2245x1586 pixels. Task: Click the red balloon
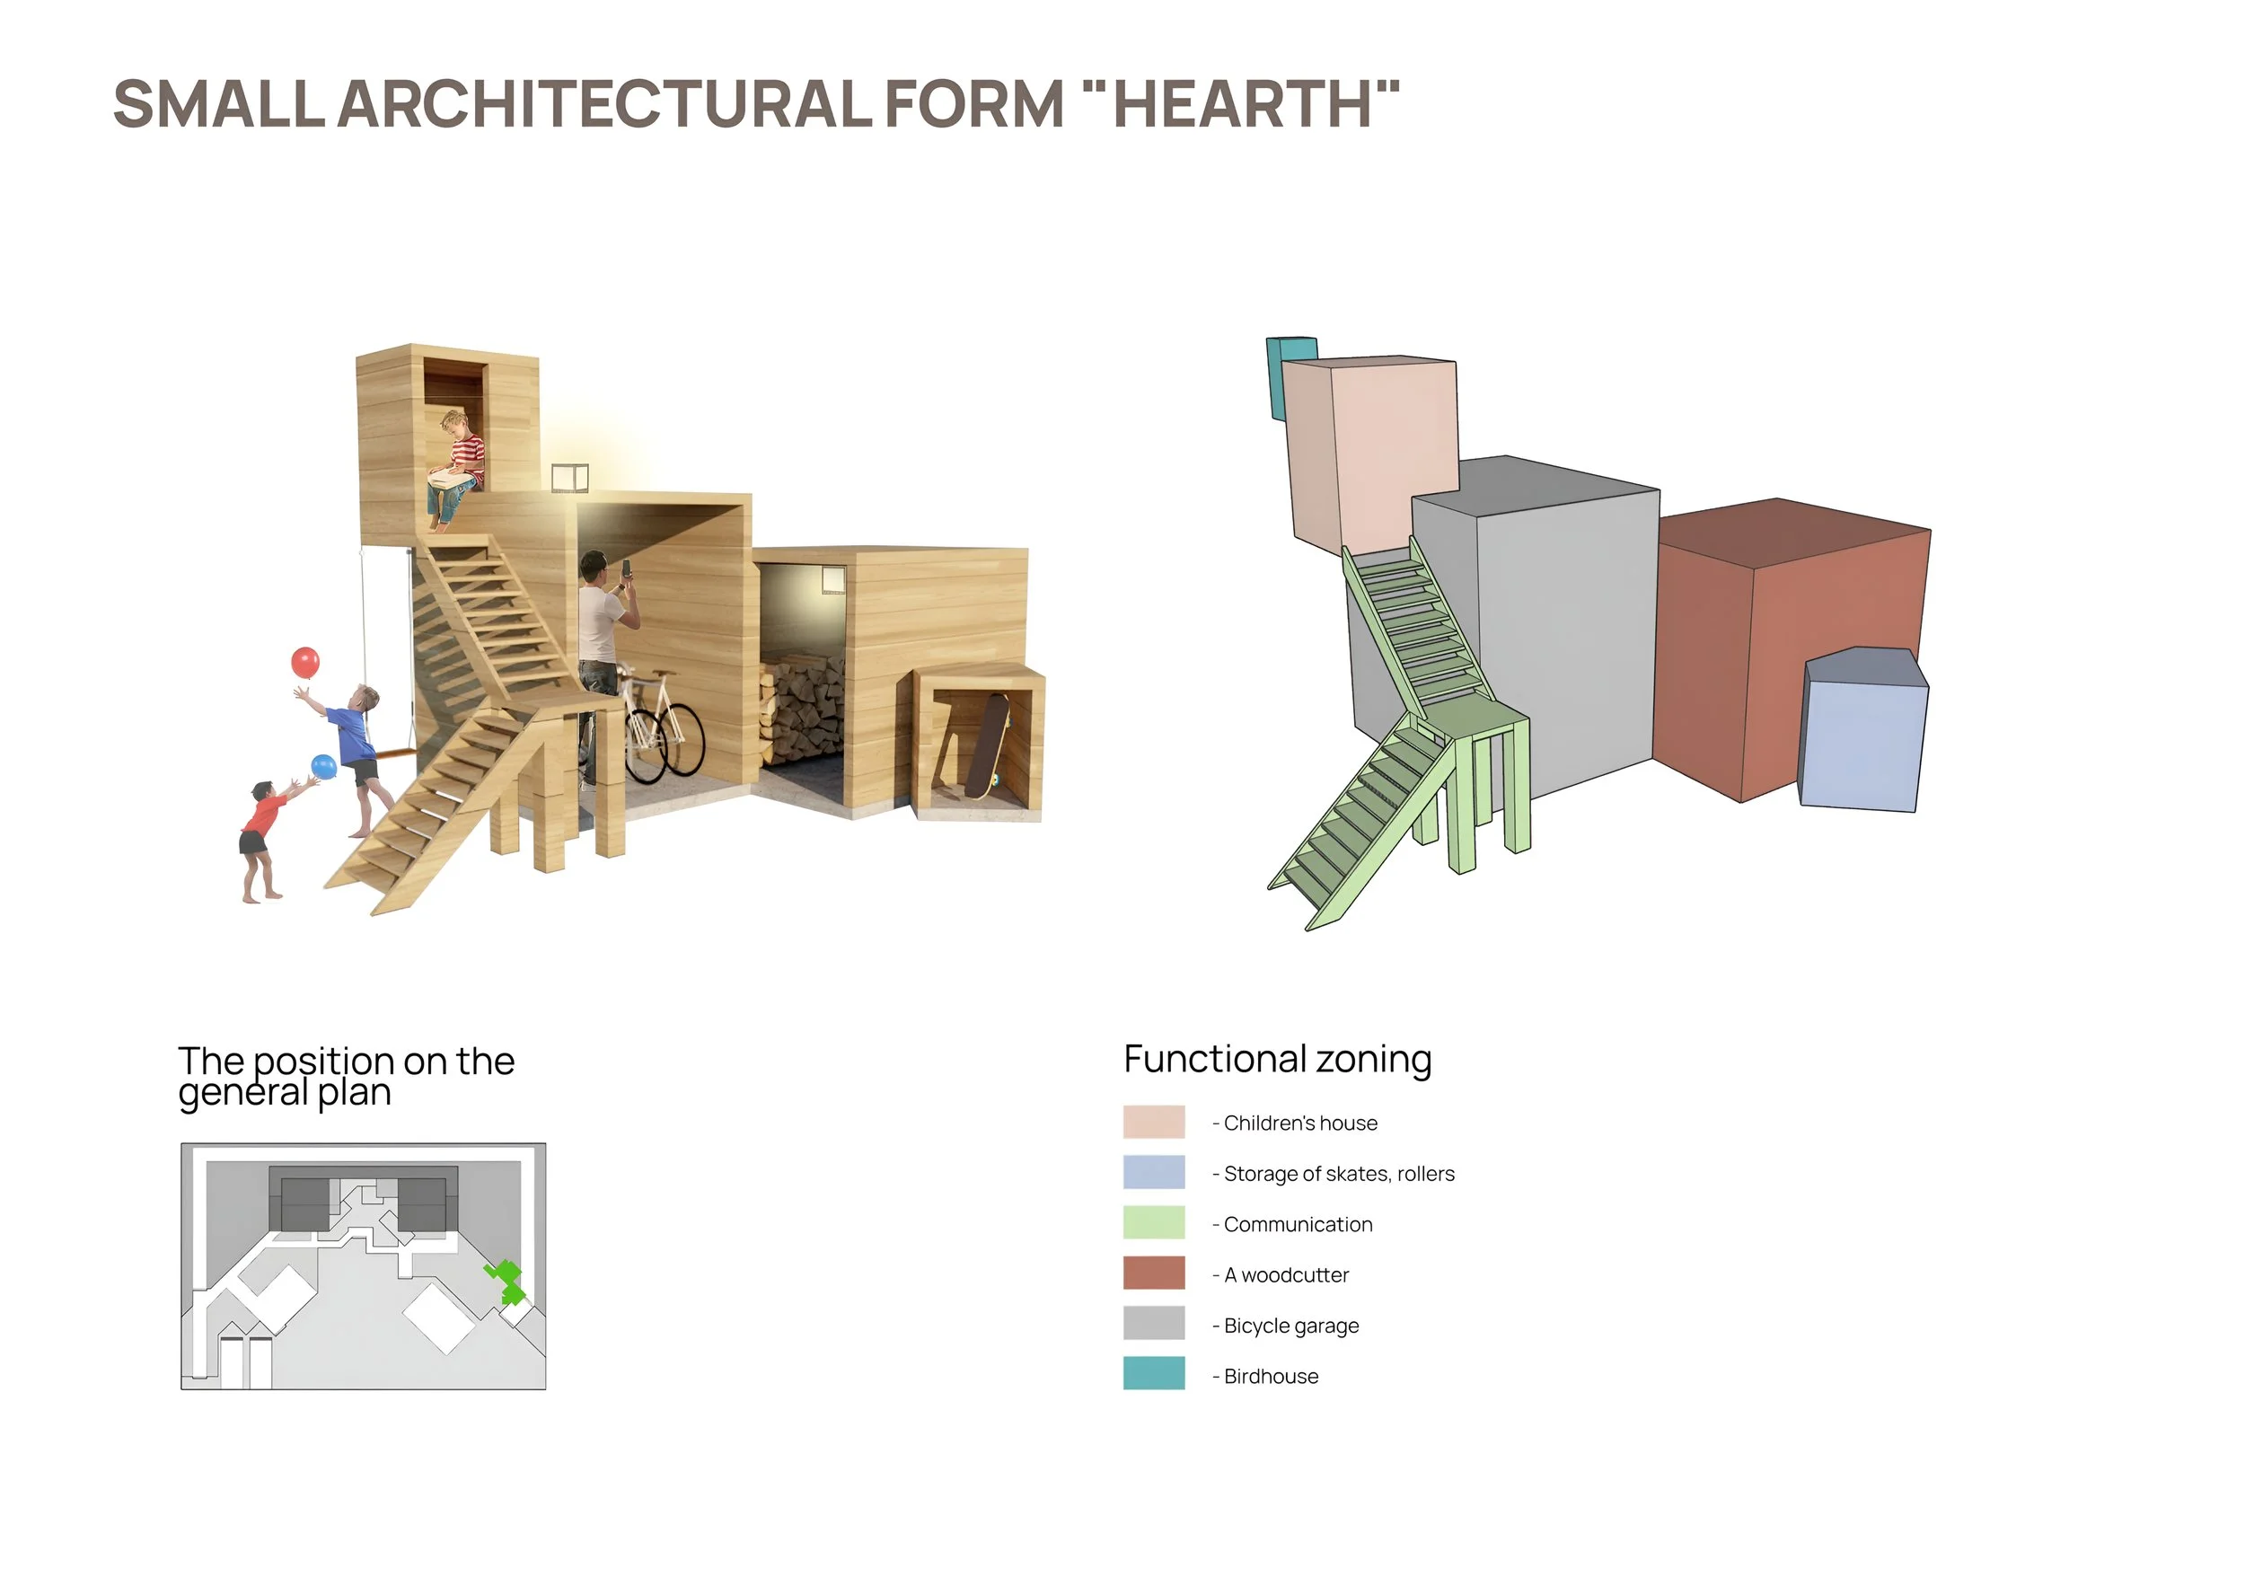click(305, 663)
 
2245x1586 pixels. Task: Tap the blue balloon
click(323, 767)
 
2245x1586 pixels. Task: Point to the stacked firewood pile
click(802, 709)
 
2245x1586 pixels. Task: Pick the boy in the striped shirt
click(459, 467)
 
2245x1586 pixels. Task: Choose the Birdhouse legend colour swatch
click(1154, 1374)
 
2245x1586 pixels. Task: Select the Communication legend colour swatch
click(1154, 1222)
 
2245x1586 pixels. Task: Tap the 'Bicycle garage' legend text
click(1290, 1326)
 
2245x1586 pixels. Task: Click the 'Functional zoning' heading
click(1277, 1059)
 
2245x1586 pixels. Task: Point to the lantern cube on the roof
click(570, 477)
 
